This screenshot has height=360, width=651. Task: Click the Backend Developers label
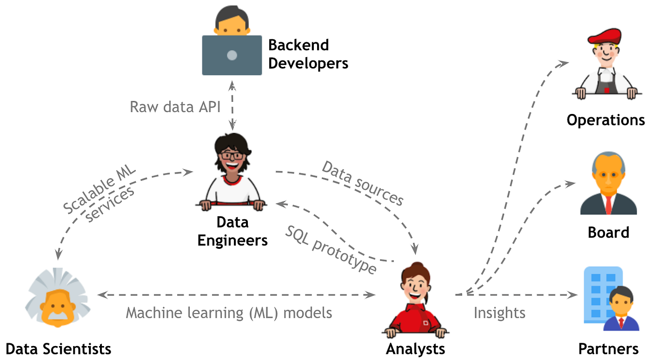(308, 54)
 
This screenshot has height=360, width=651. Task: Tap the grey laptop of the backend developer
(232, 55)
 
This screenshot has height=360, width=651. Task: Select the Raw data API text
(175, 107)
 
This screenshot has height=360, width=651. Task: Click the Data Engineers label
(232, 231)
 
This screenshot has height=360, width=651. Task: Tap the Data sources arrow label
(363, 183)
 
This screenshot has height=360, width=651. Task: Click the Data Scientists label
(59, 348)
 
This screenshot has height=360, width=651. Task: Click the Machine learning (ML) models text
(229, 313)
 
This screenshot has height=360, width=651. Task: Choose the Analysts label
(415, 348)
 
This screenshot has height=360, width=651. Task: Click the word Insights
(499, 313)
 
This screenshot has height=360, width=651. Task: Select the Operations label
(605, 120)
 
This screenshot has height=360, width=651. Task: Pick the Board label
(608, 232)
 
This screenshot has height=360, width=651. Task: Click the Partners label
(608, 348)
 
